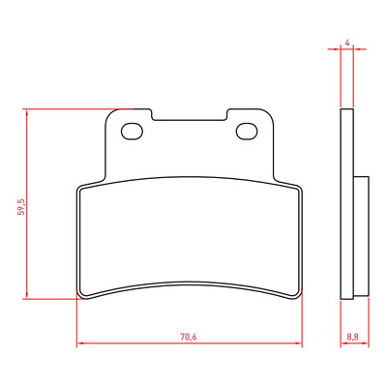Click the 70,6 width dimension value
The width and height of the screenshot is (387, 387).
(189, 337)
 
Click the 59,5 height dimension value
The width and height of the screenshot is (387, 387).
(21, 207)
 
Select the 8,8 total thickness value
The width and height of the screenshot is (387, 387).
(352, 337)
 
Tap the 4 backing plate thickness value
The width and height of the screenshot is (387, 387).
(347, 43)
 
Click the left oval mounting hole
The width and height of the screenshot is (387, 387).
(132, 132)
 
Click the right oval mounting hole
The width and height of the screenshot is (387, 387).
(247, 132)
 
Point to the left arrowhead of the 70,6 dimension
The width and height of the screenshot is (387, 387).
(80, 342)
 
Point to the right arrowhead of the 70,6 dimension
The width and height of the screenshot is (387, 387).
(299, 342)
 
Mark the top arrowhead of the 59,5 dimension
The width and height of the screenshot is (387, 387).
(27, 112)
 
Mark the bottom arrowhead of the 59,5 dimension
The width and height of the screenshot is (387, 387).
(27, 295)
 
